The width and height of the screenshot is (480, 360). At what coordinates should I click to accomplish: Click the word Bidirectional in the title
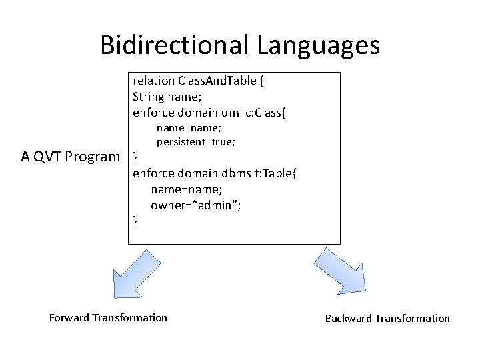click(x=175, y=45)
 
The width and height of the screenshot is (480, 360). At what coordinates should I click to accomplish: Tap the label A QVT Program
click(x=70, y=157)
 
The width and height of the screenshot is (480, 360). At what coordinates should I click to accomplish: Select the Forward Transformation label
click(x=108, y=317)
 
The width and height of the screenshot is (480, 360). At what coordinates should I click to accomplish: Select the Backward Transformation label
click(x=387, y=318)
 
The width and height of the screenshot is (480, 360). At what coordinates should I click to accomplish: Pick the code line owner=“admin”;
click(x=195, y=205)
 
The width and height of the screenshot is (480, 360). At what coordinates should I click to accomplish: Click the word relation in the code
click(x=153, y=81)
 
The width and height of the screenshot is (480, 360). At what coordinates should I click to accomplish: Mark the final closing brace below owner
click(x=136, y=221)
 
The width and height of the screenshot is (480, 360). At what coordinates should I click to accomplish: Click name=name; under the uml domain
click(x=189, y=127)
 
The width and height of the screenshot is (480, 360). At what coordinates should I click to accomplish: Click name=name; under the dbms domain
click(x=186, y=189)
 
